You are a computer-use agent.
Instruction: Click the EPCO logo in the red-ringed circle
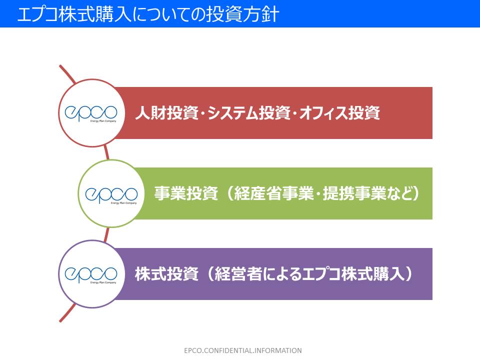pos(91,113)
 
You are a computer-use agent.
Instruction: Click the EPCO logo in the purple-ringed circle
pos(91,274)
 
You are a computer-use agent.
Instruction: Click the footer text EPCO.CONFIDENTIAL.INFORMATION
pos(242,350)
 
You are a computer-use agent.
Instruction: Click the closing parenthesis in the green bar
pos(415,194)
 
